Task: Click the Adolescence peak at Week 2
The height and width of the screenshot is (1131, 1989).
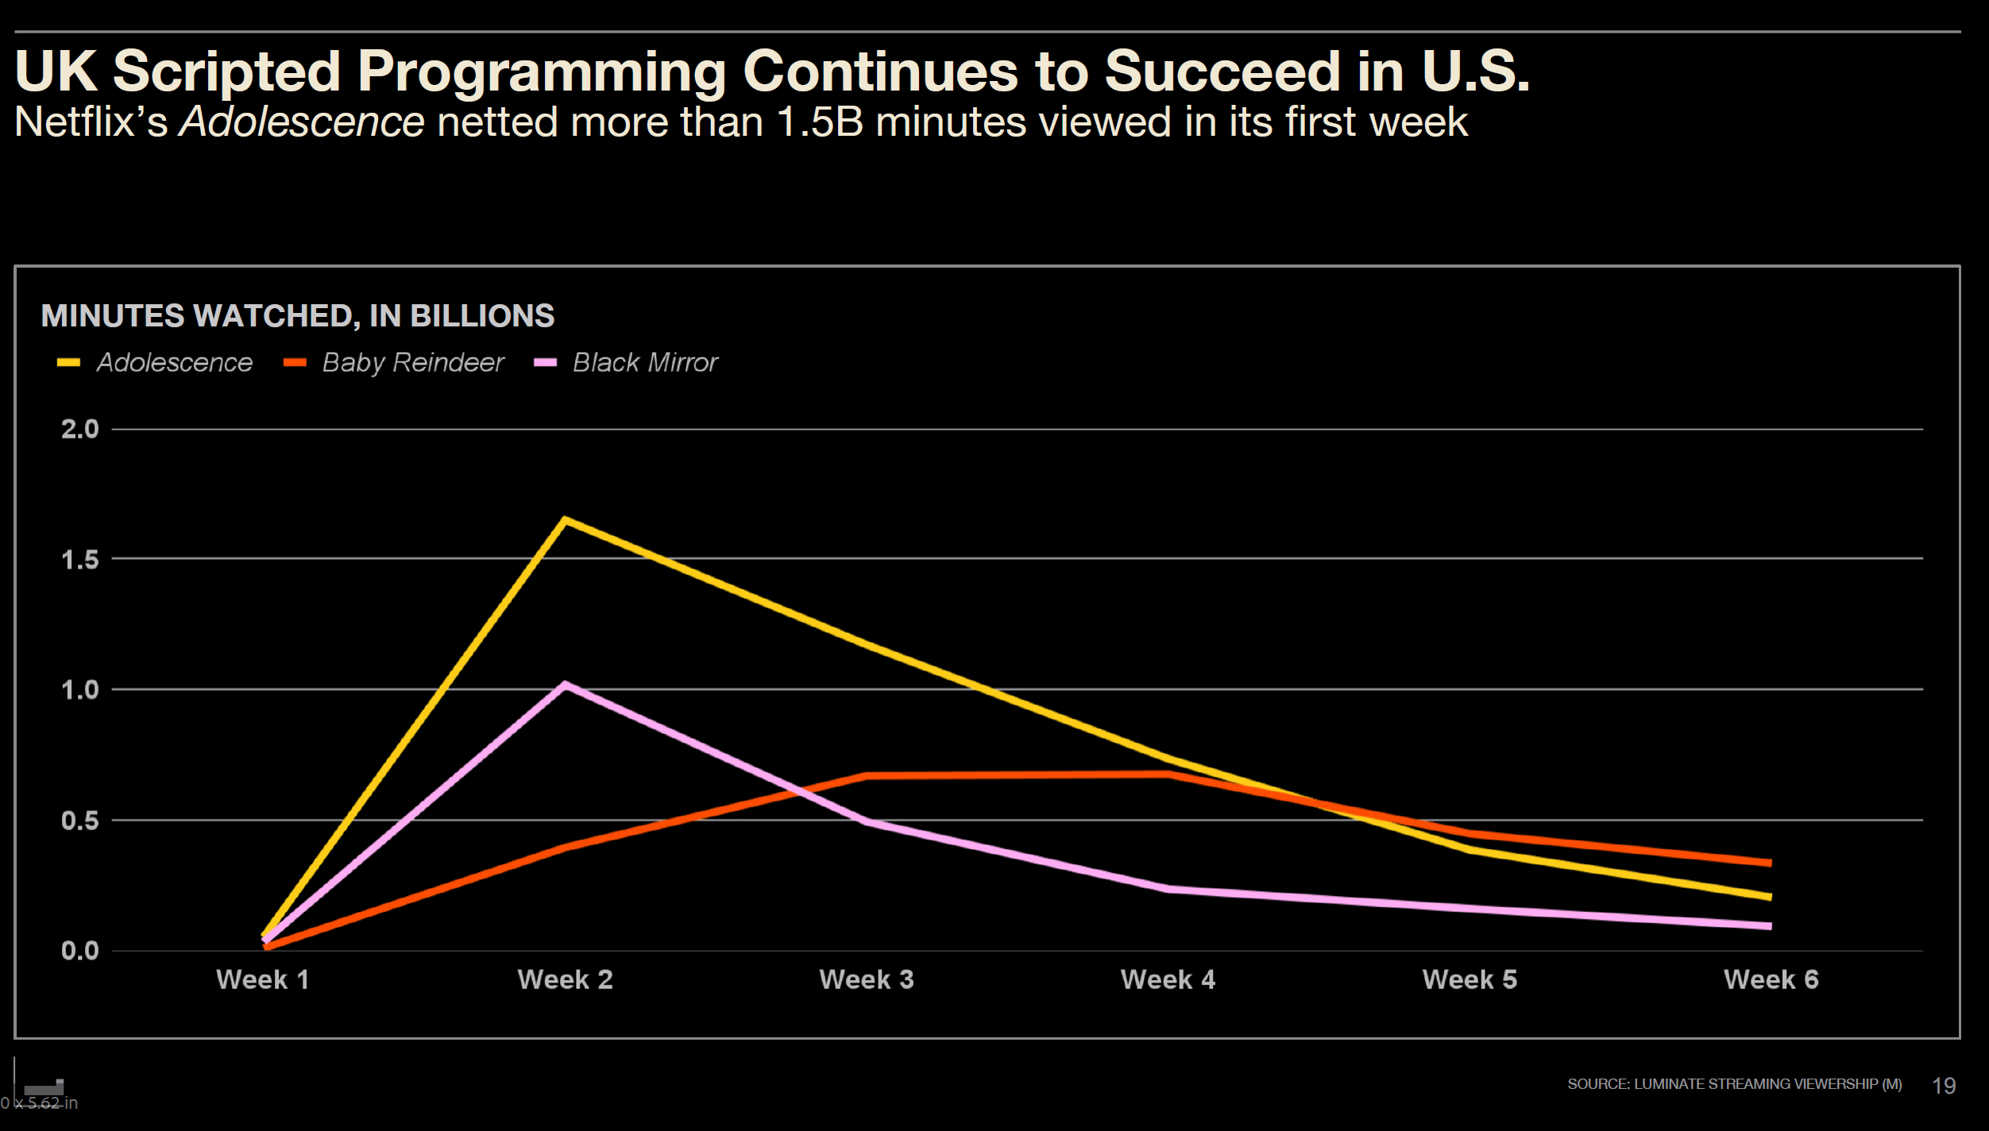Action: pyautogui.click(x=565, y=521)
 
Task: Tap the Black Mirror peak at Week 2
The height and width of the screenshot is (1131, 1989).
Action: pyautogui.click(x=565, y=685)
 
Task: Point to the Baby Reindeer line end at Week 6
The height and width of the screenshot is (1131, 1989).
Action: pyautogui.click(x=1771, y=863)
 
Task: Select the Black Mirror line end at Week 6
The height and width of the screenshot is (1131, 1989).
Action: pyautogui.click(x=1771, y=926)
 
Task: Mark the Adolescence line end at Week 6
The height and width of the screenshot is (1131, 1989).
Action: pyautogui.click(x=1771, y=897)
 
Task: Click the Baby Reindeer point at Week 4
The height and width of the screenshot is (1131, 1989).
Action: pyautogui.click(x=1168, y=774)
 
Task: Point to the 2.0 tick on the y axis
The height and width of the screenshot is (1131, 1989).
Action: pyautogui.click(x=80, y=430)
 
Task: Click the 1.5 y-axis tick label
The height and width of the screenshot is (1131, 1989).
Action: pyautogui.click(x=80, y=560)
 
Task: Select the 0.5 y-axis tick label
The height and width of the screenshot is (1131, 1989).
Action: pyautogui.click(x=80, y=820)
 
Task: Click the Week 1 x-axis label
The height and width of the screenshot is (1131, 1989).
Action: pyautogui.click(x=263, y=979)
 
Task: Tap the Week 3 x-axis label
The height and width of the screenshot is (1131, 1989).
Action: pyautogui.click(x=867, y=979)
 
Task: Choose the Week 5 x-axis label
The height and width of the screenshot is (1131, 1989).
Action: pyautogui.click(x=1470, y=979)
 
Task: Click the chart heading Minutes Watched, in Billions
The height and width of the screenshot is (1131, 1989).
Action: pyautogui.click(x=298, y=316)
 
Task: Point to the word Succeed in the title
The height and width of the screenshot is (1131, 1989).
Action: pyautogui.click(x=1223, y=71)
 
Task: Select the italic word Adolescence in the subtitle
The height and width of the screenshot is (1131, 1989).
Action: pyautogui.click(x=302, y=122)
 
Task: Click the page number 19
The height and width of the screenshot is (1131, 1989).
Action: pyautogui.click(x=1944, y=1086)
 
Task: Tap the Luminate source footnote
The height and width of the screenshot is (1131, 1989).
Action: pyautogui.click(x=1734, y=1084)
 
